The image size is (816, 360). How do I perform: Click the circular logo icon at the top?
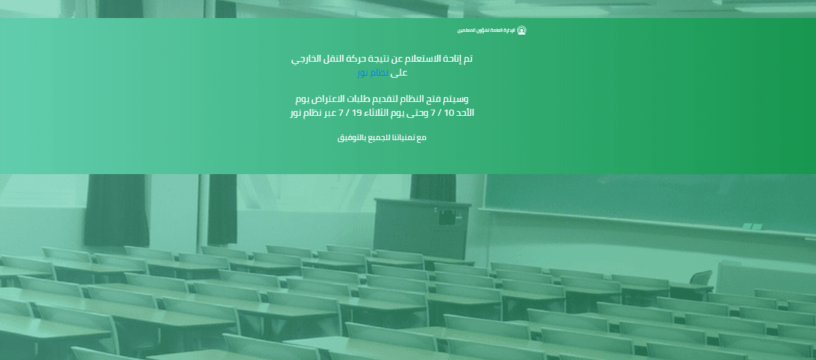click(x=521, y=31)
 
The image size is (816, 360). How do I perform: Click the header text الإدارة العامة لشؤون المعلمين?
click(x=486, y=31)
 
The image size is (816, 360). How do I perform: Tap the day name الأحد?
click(x=466, y=112)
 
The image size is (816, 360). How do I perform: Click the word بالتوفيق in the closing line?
click(x=351, y=138)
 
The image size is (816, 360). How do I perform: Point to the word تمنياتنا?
click(x=402, y=137)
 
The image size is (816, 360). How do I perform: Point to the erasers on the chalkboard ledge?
click(x=752, y=227)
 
